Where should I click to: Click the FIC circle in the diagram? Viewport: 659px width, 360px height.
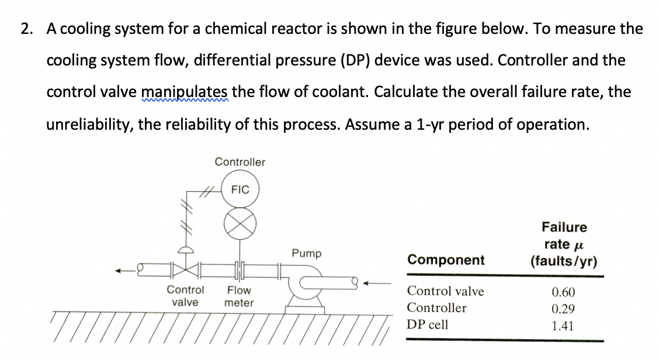pyautogui.click(x=240, y=190)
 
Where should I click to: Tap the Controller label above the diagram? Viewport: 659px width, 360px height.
pyautogui.click(x=240, y=162)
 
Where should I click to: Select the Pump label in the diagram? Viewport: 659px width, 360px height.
pyautogui.click(x=307, y=253)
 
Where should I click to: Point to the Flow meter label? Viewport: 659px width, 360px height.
pyautogui.click(x=239, y=296)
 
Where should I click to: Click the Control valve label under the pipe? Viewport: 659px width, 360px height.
pyautogui.click(x=185, y=296)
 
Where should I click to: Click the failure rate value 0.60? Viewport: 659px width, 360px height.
pyautogui.click(x=563, y=291)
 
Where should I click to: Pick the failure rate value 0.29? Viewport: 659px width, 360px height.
pyautogui.click(x=563, y=309)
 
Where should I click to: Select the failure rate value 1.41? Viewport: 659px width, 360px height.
pyautogui.click(x=563, y=326)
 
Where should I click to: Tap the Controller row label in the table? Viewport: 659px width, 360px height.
pyautogui.click(x=436, y=308)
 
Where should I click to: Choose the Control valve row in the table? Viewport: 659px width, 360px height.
pyautogui.click(x=445, y=290)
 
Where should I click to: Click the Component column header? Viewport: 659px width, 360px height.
pyautogui.click(x=446, y=260)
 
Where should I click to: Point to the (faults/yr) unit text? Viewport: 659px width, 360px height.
pyautogui.click(x=564, y=261)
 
